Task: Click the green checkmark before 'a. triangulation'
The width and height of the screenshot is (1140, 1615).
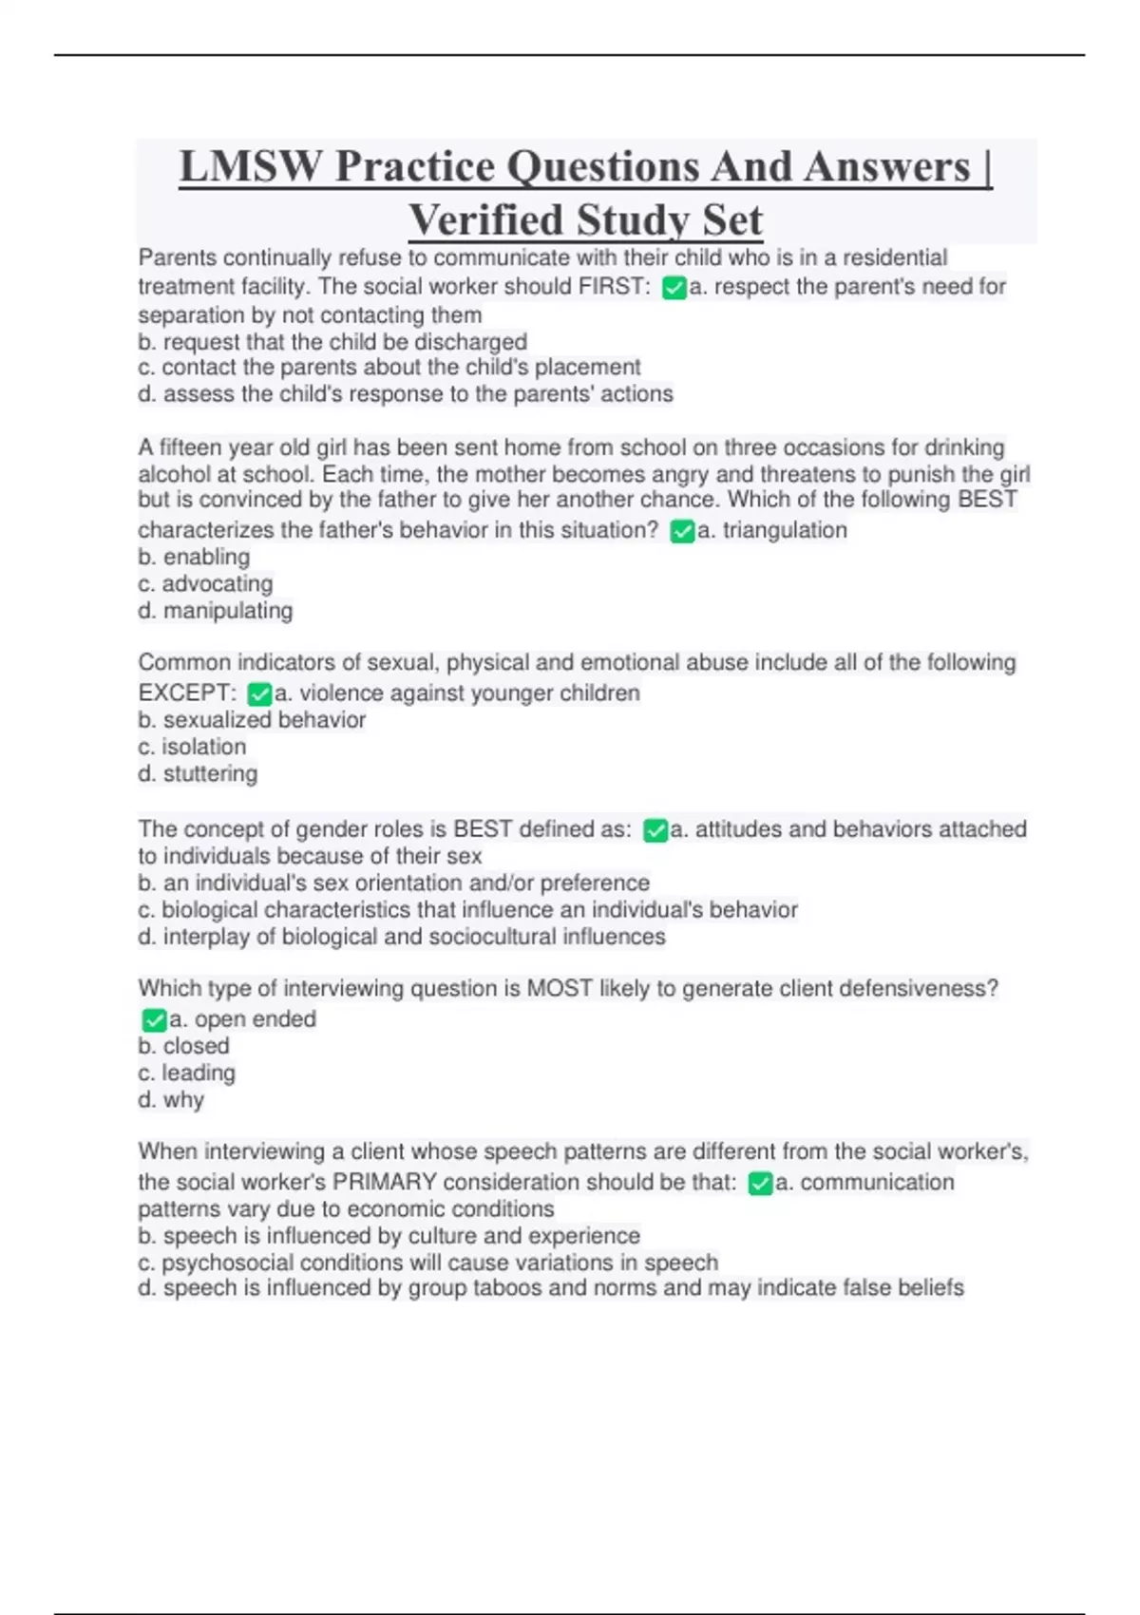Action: click(682, 531)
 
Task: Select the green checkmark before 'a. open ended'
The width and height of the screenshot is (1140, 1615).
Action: click(154, 1020)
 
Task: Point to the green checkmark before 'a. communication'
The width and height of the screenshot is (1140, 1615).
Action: click(760, 1184)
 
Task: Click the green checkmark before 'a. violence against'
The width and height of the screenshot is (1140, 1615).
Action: click(259, 694)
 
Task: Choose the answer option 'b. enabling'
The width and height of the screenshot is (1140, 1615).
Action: click(194, 557)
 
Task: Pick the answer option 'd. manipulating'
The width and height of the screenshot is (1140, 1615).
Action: click(215, 610)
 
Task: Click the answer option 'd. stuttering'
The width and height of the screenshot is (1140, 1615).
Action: click(198, 773)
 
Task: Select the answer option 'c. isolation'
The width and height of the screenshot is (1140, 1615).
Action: click(192, 747)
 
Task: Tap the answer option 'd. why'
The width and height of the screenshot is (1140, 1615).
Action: click(171, 1099)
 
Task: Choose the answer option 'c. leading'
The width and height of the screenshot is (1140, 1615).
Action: click(186, 1073)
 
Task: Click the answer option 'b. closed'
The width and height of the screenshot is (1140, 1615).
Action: click(183, 1046)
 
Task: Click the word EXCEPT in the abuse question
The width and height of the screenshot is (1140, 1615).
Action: click(186, 693)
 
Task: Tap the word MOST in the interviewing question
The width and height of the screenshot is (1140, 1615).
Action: click(559, 988)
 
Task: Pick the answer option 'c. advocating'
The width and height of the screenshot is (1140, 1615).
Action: click(205, 583)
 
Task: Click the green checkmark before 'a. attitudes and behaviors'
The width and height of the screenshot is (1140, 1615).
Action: click(655, 831)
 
